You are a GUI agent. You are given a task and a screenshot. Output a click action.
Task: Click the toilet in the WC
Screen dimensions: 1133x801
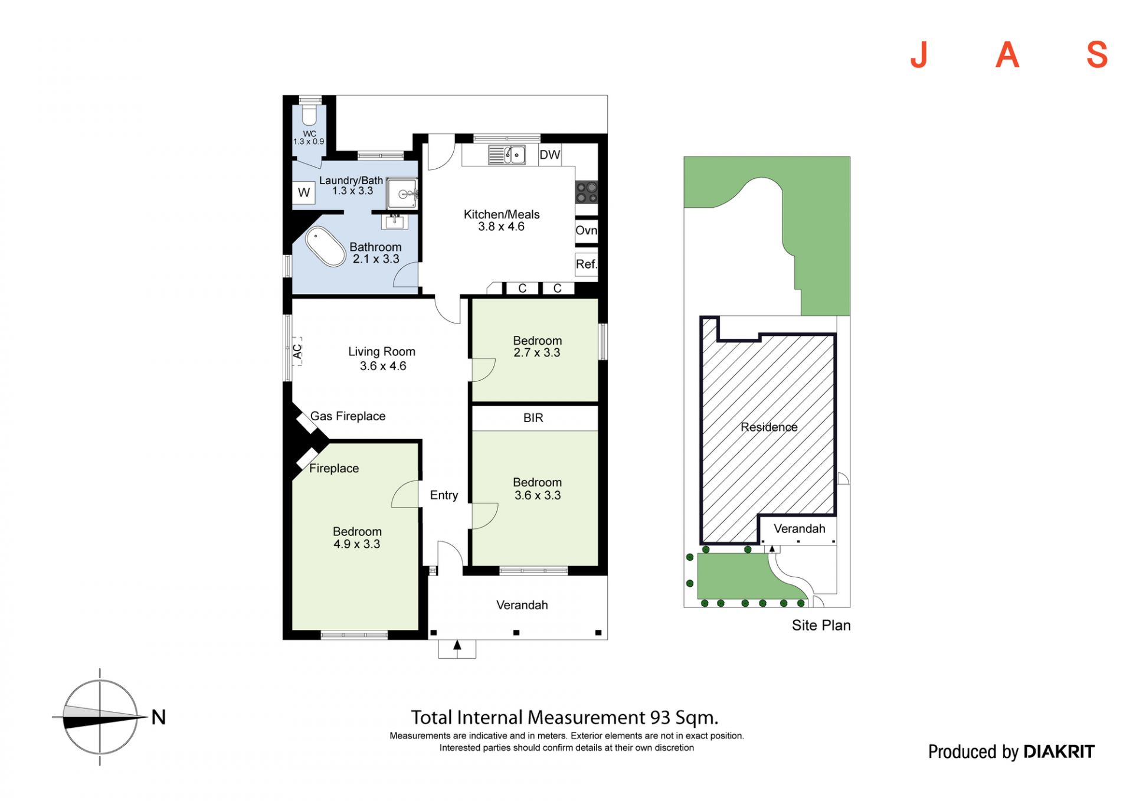coord(310,115)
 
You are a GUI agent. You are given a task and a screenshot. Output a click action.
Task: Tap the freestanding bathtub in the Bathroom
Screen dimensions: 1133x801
coord(325,246)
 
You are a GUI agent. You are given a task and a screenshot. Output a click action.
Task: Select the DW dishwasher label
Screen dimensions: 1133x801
coord(549,155)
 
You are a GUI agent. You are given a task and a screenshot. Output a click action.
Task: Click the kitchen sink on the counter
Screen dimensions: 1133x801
coord(507,155)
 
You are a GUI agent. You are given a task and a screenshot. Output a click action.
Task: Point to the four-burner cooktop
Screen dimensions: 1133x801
coord(587,192)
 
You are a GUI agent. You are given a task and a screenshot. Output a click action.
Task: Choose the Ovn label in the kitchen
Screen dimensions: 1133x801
coord(586,230)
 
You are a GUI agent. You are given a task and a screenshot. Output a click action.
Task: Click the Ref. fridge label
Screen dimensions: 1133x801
coord(586,264)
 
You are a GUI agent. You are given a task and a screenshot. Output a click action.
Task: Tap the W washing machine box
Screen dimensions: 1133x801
coord(304,192)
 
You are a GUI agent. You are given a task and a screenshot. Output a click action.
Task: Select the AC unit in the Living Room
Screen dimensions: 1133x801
coord(297,351)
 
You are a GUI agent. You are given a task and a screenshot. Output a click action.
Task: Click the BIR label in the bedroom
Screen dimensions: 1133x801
coord(533,418)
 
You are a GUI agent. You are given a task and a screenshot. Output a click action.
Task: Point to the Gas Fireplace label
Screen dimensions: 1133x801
coord(348,416)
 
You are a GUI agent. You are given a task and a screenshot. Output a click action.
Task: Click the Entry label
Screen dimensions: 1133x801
coord(444,495)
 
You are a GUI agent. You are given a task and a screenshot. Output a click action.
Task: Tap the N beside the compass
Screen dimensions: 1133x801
coord(159,717)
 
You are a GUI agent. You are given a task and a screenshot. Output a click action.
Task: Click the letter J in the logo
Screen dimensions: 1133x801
coord(919,55)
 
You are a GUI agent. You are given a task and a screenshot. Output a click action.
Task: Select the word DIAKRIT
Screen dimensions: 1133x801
coord(1059,751)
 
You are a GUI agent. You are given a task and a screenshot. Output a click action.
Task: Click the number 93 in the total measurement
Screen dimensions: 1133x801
coord(660,717)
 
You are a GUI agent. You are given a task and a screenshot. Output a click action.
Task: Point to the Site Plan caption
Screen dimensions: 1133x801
coord(821,625)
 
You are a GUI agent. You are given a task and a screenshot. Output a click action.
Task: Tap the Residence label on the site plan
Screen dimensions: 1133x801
coord(769,427)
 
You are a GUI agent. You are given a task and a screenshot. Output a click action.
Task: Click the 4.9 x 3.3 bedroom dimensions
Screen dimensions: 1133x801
coord(357,544)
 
